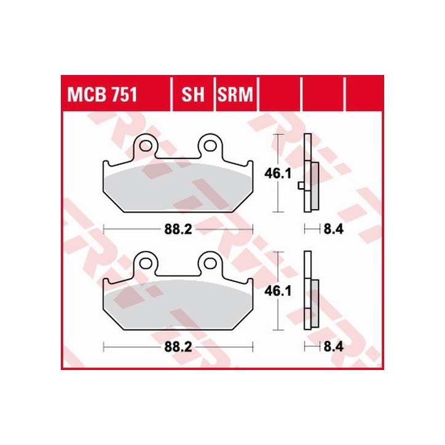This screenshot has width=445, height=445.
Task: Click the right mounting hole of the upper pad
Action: pyautogui.click(x=210, y=146)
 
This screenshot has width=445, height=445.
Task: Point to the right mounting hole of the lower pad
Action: pyautogui.click(x=210, y=263)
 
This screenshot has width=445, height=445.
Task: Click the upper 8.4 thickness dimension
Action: pyautogui.click(x=333, y=230)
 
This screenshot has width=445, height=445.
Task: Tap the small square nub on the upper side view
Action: pyautogui.click(x=300, y=184)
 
